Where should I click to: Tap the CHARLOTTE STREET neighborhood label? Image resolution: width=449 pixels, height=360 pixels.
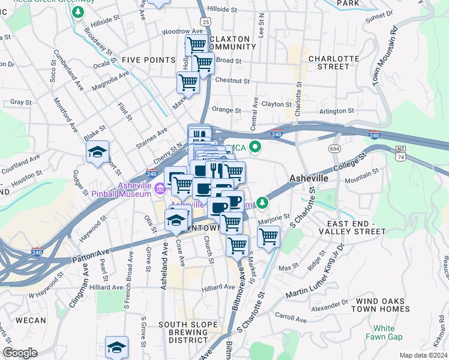pyautogui.click(x=328, y=62)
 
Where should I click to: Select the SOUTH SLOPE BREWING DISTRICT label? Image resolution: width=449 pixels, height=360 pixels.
pyautogui.click(x=188, y=332)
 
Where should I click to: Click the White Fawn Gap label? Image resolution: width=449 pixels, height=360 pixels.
pyautogui.click(x=384, y=332)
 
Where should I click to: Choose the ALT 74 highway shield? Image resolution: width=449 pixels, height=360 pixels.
pyautogui.click(x=401, y=152)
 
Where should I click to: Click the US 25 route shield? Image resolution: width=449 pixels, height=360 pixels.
pyautogui.click(x=206, y=22)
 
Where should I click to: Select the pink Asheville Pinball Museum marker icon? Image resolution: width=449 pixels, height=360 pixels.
pyautogui.click(x=160, y=190)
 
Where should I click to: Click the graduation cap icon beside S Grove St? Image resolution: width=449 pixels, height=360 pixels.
pyautogui.click(x=116, y=347)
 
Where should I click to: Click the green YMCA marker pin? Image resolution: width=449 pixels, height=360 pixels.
pyautogui.click(x=255, y=146)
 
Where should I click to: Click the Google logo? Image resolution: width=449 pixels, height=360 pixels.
pyautogui.click(x=20, y=353)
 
